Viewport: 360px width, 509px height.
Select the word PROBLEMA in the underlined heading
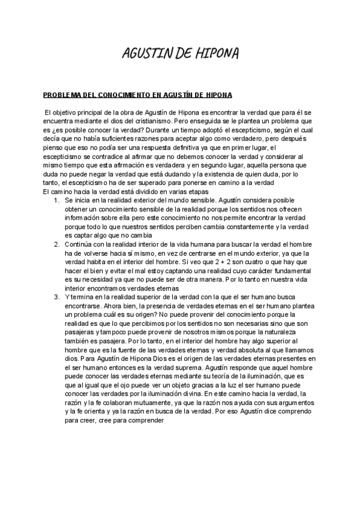coord(61,95)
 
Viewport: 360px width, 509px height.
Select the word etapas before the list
coord(194,191)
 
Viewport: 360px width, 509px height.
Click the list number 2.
coord(55,244)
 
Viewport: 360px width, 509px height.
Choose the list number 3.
coord(55,297)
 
